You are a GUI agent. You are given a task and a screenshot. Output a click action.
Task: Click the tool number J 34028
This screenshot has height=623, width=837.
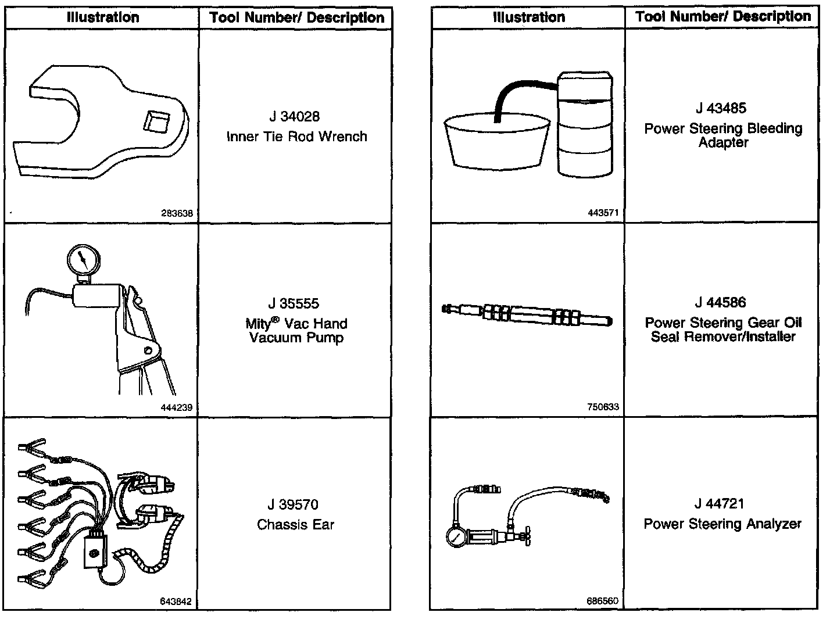[x=294, y=117]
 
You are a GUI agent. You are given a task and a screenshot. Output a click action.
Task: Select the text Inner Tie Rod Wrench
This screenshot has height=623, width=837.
[x=296, y=137]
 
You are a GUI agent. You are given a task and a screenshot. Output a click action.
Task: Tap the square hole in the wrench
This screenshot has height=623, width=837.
[x=155, y=124]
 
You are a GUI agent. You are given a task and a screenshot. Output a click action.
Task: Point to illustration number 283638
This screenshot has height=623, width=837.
[x=177, y=213]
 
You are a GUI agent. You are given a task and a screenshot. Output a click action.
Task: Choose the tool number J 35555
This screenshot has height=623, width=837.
[x=294, y=303]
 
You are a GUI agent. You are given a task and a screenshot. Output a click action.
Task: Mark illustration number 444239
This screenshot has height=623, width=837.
[x=177, y=407]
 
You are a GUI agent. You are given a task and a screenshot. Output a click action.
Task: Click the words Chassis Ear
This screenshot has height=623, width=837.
[x=296, y=525]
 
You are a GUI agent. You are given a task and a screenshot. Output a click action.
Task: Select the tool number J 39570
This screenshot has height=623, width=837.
[x=294, y=504]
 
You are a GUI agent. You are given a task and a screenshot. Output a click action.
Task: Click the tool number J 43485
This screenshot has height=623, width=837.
[x=721, y=108]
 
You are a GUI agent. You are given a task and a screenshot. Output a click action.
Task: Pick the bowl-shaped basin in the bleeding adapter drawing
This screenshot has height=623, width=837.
[x=496, y=142]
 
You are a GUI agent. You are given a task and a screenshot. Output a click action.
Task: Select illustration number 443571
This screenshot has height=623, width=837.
[x=603, y=213]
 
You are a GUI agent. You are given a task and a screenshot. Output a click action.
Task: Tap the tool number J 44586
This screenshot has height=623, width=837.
[x=721, y=302]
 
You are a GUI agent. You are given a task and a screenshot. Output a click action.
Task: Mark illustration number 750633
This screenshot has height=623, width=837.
[x=603, y=407]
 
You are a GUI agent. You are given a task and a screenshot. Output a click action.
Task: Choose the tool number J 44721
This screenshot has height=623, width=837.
[x=720, y=503]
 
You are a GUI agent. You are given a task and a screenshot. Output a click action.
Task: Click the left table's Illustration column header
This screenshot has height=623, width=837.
[x=103, y=17]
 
